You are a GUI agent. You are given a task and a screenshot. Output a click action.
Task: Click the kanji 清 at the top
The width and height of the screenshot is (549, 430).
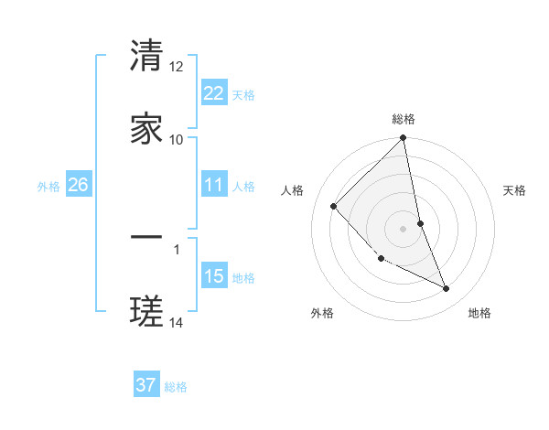pyautogui.click(x=146, y=56)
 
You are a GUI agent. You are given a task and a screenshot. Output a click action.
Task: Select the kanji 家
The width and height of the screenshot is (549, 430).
pyautogui.click(x=146, y=128)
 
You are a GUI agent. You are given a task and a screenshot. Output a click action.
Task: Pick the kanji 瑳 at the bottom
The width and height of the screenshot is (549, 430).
pyautogui.click(x=146, y=311)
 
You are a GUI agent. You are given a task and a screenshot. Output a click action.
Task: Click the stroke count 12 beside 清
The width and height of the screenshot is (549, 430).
pyautogui.click(x=177, y=67)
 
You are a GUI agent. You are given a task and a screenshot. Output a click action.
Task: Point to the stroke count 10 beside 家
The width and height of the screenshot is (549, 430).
pyautogui.click(x=177, y=139)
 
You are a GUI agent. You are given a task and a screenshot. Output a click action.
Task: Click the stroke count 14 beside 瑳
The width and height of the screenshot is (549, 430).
pyautogui.click(x=177, y=322)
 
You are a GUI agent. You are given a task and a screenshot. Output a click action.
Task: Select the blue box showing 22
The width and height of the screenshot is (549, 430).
pyautogui.click(x=214, y=92)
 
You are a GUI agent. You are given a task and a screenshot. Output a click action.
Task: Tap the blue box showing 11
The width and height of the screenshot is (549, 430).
pyautogui.click(x=214, y=185)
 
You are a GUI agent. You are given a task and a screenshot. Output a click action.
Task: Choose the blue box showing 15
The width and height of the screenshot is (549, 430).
pyautogui.click(x=214, y=276)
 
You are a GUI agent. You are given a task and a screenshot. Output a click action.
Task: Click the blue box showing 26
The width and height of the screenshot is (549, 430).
pyautogui.click(x=78, y=185)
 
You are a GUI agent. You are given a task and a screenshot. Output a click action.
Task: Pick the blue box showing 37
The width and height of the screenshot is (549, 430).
pyautogui.click(x=146, y=385)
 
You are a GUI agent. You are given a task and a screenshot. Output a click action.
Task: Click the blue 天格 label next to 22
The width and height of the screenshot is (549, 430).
pyautogui.click(x=243, y=95)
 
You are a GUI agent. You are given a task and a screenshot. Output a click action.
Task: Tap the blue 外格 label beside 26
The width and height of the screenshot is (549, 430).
pyautogui.click(x=48, y=187)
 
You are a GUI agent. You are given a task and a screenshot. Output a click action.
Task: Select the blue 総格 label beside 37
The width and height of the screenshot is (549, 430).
pyautogui.click(x=176, y=387)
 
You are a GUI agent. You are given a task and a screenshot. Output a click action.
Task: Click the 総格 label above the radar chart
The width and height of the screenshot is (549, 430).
pyautogui.click(x=404, y=119)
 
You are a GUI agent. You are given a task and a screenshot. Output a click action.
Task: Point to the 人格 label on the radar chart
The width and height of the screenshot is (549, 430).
pyautogui.click(x=293, y=190)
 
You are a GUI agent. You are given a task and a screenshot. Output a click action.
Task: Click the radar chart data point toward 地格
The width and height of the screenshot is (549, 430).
pyautogui.click(x=447, y=289)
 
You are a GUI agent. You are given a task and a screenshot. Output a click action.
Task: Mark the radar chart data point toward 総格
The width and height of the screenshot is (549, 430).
pyautogui.click(x=403, y=139)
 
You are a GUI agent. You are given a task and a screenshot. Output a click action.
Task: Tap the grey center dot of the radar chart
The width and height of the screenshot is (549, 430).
pyautogui.click(x=403, y=228)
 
